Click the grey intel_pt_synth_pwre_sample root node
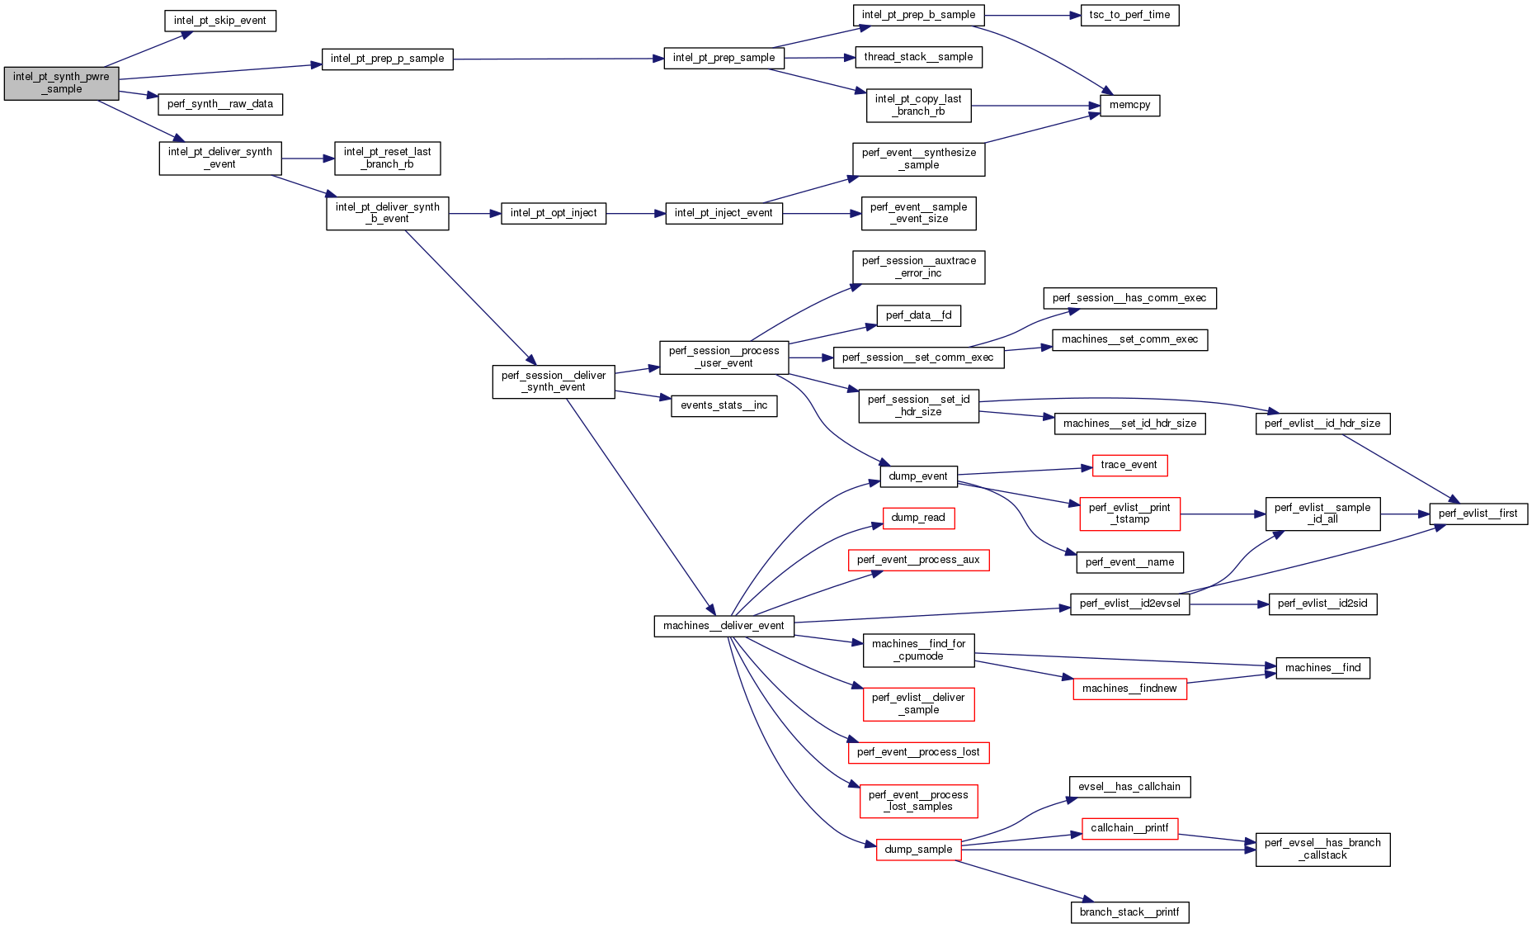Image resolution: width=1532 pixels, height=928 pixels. click(x=61, y=83)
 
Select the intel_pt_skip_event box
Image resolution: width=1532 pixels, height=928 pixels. click(x=219, y=21)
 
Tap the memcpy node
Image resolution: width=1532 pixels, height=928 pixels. click(x=1129, y=105)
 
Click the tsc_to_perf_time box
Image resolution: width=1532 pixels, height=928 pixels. click(x=1129, y=15)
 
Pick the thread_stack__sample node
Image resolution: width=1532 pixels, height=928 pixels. click(x=918, y=57)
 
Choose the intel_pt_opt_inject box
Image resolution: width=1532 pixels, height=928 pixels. click(x=553, y=213)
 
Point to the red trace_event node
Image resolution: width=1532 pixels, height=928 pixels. click(x=1129, y=465)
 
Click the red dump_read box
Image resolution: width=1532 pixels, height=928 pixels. click(x=917, y=518)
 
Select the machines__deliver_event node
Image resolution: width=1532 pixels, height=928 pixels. click(x=724, y=626)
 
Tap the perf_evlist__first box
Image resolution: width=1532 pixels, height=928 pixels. click(x=1478, y=514)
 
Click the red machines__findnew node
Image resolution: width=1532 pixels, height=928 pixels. click(x=1129, y=689)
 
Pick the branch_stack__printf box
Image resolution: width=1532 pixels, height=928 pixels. click(x=1129, y=912)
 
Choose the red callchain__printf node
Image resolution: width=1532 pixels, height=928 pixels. click(x=1129, y=828)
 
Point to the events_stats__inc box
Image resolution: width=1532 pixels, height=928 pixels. click(x=724, y=405)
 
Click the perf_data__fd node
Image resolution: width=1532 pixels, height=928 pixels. click(x=918, y=315)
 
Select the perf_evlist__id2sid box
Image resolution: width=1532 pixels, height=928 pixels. click(x=1322, y=604)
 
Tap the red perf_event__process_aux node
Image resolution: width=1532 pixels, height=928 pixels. click(x=917, y=560)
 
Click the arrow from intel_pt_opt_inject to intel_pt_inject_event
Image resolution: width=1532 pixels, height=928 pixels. click(x=635, y=214)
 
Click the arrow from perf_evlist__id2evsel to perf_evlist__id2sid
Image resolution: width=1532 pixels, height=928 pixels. click(x=1228, y=604)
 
